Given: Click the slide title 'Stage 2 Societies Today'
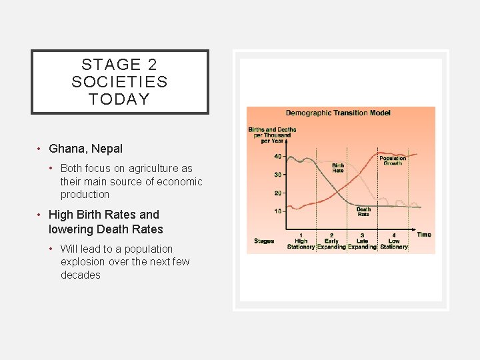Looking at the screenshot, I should pos(120,82).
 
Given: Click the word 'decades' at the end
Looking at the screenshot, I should pos(81,275).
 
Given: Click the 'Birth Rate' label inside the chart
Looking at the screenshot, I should pos(338,167).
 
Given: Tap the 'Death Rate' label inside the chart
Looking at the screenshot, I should pos(363,212).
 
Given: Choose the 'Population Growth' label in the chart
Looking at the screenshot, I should pos(393,161).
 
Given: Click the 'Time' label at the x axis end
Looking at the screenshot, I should pos(424,235).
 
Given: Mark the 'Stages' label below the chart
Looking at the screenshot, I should pos(264,241).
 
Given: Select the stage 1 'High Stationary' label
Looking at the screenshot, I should pos(301,241).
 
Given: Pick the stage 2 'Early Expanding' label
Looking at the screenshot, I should pos(331,241).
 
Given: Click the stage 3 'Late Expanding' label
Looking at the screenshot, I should pos(362,241).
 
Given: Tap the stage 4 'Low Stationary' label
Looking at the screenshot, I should pos(394,241).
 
